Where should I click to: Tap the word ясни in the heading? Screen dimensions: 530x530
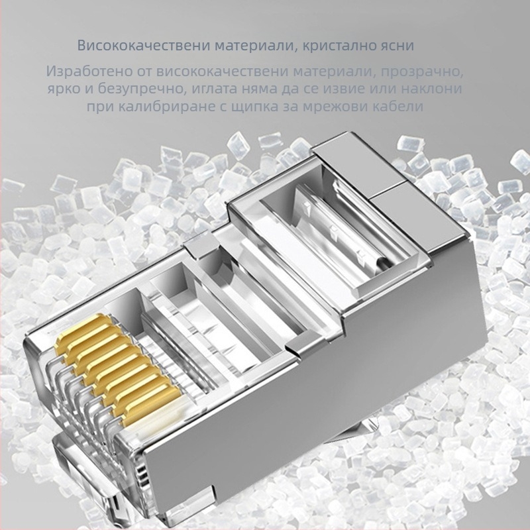pos(396,46)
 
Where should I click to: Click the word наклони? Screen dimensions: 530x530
pos(434,89)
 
